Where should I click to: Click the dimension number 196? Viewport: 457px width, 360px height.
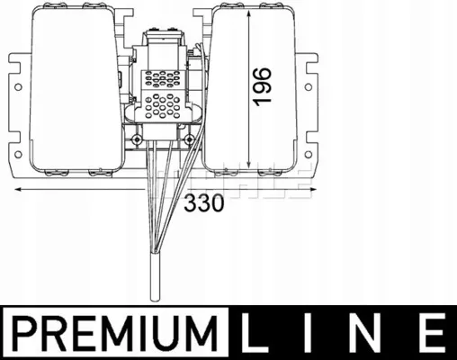[263, 86]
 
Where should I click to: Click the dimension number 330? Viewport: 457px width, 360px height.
[204, 202]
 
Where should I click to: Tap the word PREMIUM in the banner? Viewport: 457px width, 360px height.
[115, 332]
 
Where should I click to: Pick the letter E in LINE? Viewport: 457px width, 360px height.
[429, 332]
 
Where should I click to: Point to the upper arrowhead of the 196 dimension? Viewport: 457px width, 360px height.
[248, 14]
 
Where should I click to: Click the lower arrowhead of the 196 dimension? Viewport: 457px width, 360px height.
[248, 164]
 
